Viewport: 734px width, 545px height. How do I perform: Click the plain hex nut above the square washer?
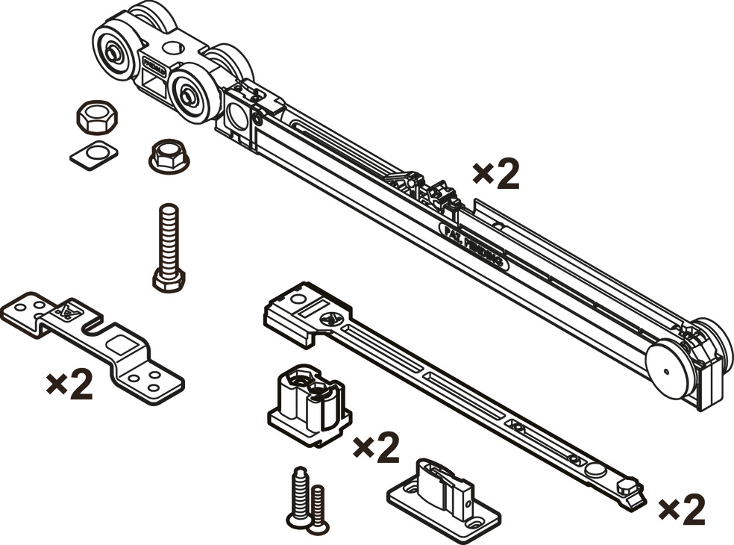[x=92, y=117]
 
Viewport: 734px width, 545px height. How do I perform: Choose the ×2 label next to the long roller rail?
[x=496, y=175]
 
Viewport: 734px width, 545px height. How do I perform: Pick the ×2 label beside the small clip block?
[x=375, y=448]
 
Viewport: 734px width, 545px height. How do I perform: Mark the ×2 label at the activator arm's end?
[x=682, y=510]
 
